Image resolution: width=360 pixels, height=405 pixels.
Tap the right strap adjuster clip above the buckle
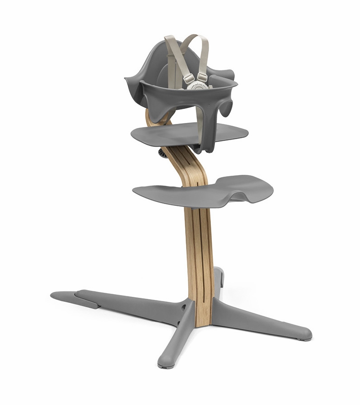pyautogui.click(x=202, y=77)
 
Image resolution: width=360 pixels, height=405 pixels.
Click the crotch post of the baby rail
pyautogui.click(x=196, y=131)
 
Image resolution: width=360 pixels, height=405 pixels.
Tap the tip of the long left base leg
pyautogui.click(x=55, y=296)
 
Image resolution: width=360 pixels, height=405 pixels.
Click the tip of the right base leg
pyautogui.click(x=306, y=335)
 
